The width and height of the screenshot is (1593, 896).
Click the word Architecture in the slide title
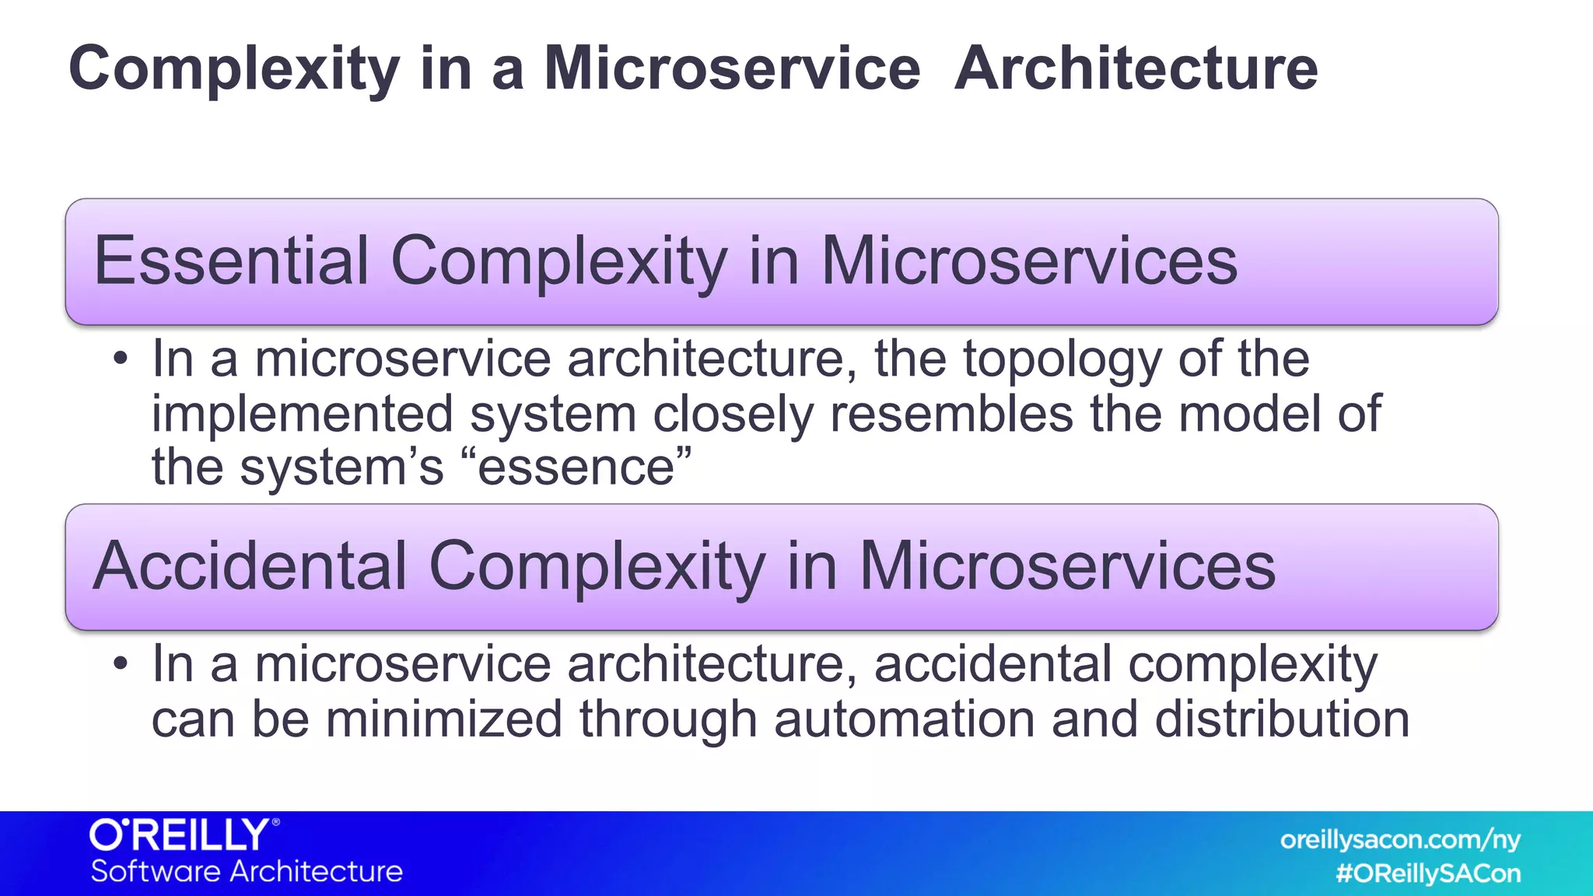(x=1136, y=68)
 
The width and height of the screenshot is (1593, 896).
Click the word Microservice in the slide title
(x=732, y=68)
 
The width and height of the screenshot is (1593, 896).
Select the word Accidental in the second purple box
(x=250, y=566)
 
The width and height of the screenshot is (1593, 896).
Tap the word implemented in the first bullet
(x=302, y=415)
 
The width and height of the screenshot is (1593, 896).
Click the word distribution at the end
(x=1281, y=719)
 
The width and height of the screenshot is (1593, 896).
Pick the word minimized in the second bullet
(x=443, y=719)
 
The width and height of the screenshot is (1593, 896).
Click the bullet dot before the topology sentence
(x=120, y=359)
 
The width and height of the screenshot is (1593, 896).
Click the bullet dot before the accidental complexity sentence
(x=120, y=665)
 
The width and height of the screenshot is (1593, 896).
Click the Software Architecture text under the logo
(x=247, y=871)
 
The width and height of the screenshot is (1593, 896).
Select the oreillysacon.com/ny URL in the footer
(x=1399, y=840)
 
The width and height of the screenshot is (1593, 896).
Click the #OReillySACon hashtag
(x=1427, y=873)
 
